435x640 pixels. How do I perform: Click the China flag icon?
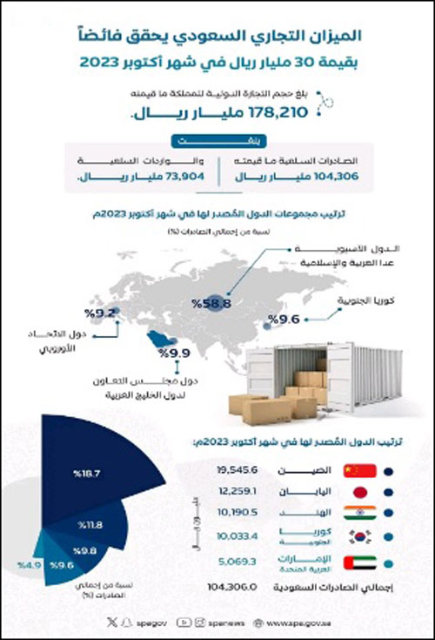tap(360, 471)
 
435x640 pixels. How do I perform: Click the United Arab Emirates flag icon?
tap(360, 563)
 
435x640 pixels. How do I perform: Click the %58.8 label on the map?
tap(211, 303)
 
